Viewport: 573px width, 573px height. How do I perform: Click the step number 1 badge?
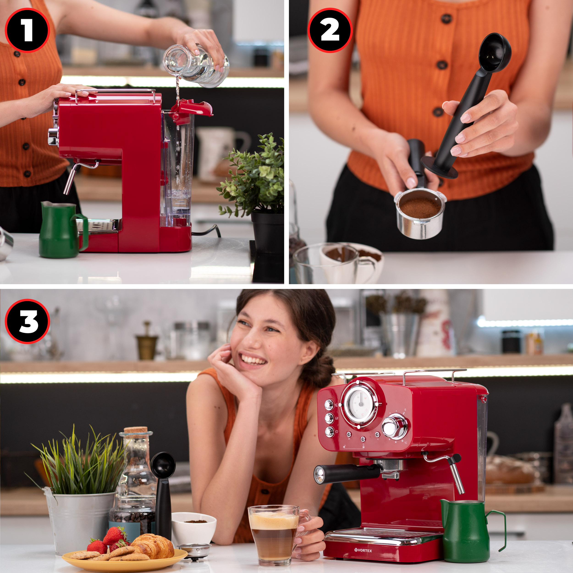[27, 30]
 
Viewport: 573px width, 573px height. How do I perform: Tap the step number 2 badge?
[330, 30]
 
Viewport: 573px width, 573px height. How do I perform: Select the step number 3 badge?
[27, 321]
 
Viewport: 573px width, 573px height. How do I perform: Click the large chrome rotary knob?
[394, 427]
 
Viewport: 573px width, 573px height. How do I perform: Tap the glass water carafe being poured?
[196, 65]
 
